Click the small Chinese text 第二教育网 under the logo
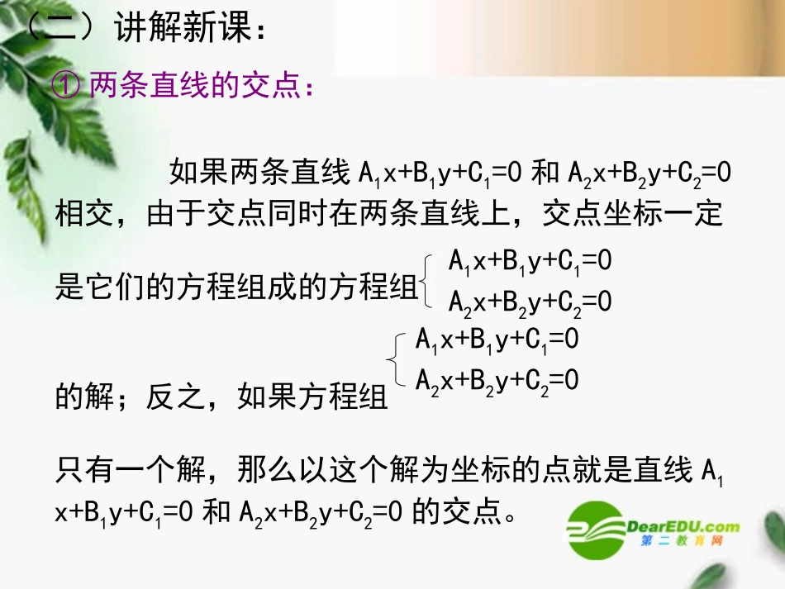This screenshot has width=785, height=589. point(682,542)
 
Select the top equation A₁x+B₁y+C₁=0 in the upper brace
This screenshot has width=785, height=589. point(530,263)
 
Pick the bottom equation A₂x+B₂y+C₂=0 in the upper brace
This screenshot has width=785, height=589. point(530,302)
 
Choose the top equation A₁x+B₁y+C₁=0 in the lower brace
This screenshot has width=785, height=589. point(496,340)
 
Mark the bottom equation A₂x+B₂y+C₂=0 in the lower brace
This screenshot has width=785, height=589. point(496,379)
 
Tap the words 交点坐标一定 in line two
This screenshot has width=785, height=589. point(632,216)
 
